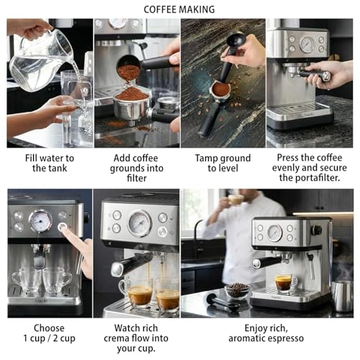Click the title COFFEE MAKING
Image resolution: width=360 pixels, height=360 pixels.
click(x=179, y=9)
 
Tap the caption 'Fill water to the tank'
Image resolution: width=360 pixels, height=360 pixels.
click(x=49, y=162)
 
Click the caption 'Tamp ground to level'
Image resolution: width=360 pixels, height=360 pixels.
click(x=224, y=162)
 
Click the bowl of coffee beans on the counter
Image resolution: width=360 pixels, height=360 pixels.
click(x=237, y=289)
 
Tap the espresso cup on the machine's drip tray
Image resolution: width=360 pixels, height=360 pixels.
click(x=285, y=282)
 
